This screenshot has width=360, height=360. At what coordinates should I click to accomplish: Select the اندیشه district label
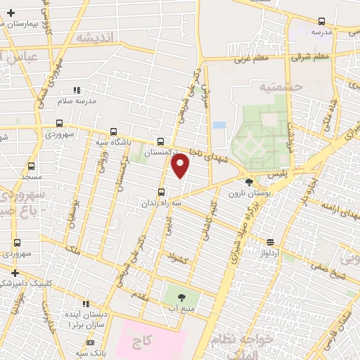94,37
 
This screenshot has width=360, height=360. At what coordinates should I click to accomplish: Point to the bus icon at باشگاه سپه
113,131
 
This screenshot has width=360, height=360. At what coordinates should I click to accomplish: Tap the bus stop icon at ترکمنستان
161,141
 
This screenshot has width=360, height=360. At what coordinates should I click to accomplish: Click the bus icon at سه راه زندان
161,192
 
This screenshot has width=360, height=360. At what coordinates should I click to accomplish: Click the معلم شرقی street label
311,56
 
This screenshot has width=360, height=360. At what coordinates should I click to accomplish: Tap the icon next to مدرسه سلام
77,90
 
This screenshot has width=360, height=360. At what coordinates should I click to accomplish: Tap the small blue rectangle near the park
219,125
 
